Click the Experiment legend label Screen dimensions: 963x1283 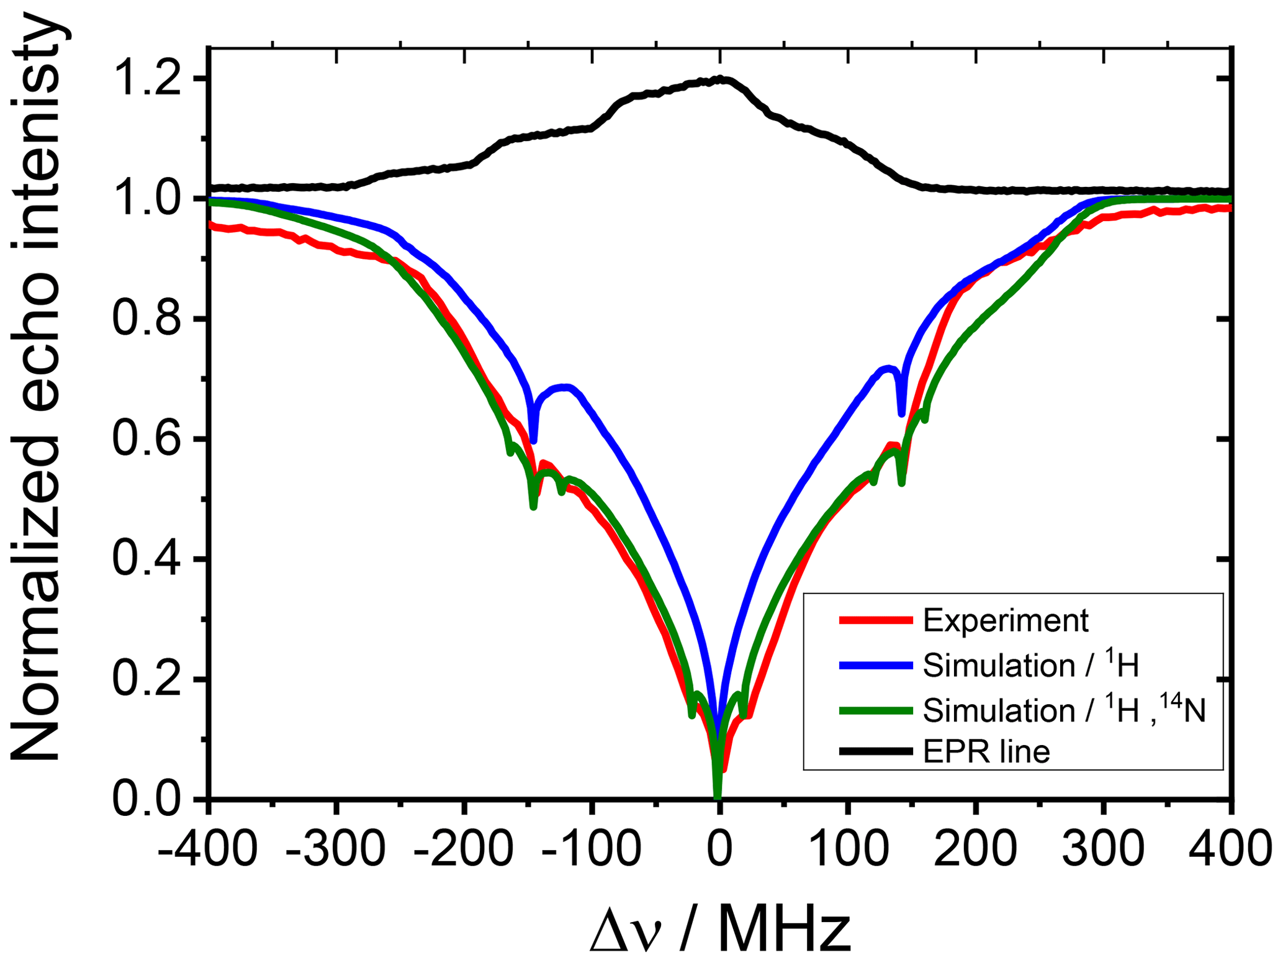(x=1006, y=620)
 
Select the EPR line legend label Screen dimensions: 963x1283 (x=986, y=752)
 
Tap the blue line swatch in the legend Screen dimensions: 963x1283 (x=876, y=665)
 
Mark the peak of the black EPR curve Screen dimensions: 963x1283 (x=720, y=79)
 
